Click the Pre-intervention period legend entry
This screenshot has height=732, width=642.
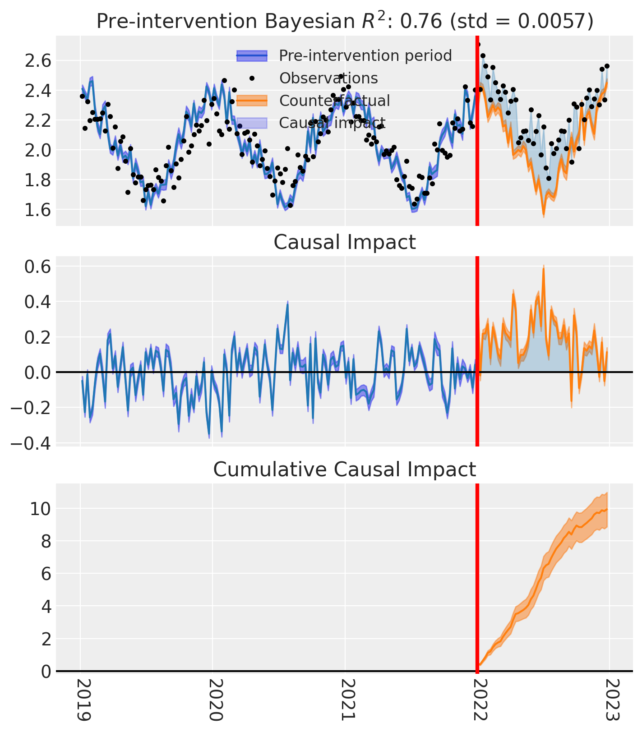(365, 55)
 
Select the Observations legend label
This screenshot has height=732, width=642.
(328, 78)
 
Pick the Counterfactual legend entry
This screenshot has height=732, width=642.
(335, 101)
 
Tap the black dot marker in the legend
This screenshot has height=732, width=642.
(252, 78)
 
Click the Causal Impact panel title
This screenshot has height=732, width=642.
(345, 243)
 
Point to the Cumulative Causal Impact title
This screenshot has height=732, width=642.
(345, 470)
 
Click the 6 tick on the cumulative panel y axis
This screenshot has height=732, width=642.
(43, 574)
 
